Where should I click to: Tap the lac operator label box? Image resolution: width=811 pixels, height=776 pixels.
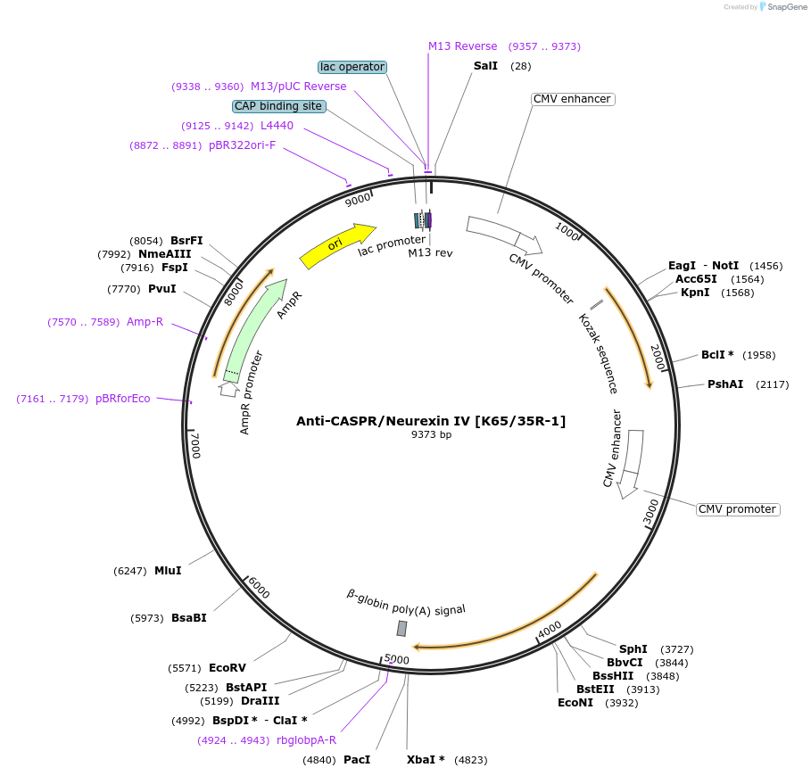pos(352,67)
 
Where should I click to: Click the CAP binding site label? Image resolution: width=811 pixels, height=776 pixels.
pos(278,106)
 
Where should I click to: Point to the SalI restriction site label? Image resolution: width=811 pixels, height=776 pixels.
pos(486,66)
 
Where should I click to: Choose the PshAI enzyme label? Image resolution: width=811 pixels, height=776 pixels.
pos(725,384)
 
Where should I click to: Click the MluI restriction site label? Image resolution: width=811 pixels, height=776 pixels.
pos(168,570)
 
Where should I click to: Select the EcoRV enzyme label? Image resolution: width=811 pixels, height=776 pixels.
pos(228,667)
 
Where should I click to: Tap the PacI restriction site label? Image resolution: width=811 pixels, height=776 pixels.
pos(357,760)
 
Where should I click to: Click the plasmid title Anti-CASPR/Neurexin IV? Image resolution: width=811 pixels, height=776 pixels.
pos(431,420)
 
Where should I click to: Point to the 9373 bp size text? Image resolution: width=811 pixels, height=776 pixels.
pos(431,435)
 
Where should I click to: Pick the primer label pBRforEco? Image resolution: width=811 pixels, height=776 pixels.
pos(123,399)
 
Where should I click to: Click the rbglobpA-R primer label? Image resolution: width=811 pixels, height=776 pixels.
pos(307,739)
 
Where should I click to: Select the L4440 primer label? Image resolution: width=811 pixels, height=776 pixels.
pos(277,126)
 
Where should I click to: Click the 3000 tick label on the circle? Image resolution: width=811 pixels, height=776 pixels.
pos(651,512)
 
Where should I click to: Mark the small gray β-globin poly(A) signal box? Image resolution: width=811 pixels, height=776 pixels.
pos(401,628)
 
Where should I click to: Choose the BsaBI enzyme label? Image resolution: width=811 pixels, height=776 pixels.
pos(189,617)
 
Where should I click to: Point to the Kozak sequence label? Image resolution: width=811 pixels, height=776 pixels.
pos(598,353)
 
